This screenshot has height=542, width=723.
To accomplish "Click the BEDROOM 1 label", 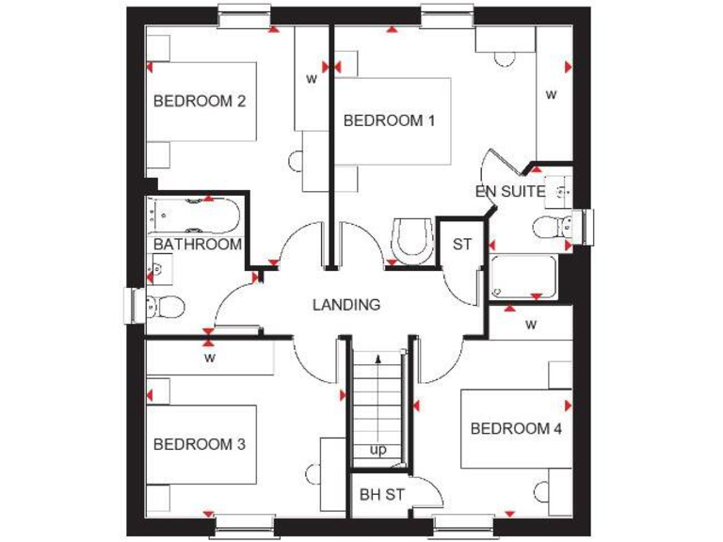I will pos(389,120).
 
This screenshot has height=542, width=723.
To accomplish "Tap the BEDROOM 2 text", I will pos(200,101).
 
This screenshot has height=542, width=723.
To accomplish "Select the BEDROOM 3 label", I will pos(200,444).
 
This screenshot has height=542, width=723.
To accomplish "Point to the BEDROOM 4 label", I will pos(516,429).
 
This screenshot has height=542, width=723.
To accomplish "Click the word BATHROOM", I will pos(198,245).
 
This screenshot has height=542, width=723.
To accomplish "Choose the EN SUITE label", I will pos(509,191).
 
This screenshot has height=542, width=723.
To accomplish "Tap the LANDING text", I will pos(346,305).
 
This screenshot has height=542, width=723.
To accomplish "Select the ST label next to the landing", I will pos(461,245).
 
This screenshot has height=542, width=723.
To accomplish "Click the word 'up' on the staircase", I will pos(378,450).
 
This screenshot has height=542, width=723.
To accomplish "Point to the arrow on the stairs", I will pos(378,360).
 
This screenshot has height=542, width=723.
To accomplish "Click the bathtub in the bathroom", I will pos(194,215).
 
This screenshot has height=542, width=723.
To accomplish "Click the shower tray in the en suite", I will pos(523,277).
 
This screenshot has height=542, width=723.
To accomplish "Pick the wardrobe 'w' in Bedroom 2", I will pos(311,79).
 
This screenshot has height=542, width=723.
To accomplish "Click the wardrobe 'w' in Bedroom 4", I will pos(531,326).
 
